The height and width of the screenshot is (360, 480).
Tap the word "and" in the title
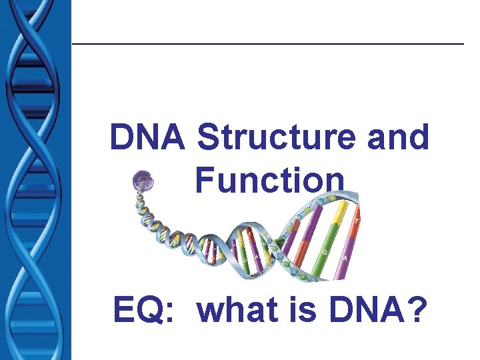[x=399, y=137]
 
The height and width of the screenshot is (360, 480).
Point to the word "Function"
[x=270, y=180]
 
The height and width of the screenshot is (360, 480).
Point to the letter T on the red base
[x=357, y=221]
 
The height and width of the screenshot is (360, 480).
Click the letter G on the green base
[x=325, y=253]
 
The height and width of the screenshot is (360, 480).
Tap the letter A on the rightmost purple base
[x=344, y=258]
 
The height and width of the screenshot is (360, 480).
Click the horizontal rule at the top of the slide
[x=267, y=44]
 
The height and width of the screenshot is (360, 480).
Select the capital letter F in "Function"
[x=205, y=180]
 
